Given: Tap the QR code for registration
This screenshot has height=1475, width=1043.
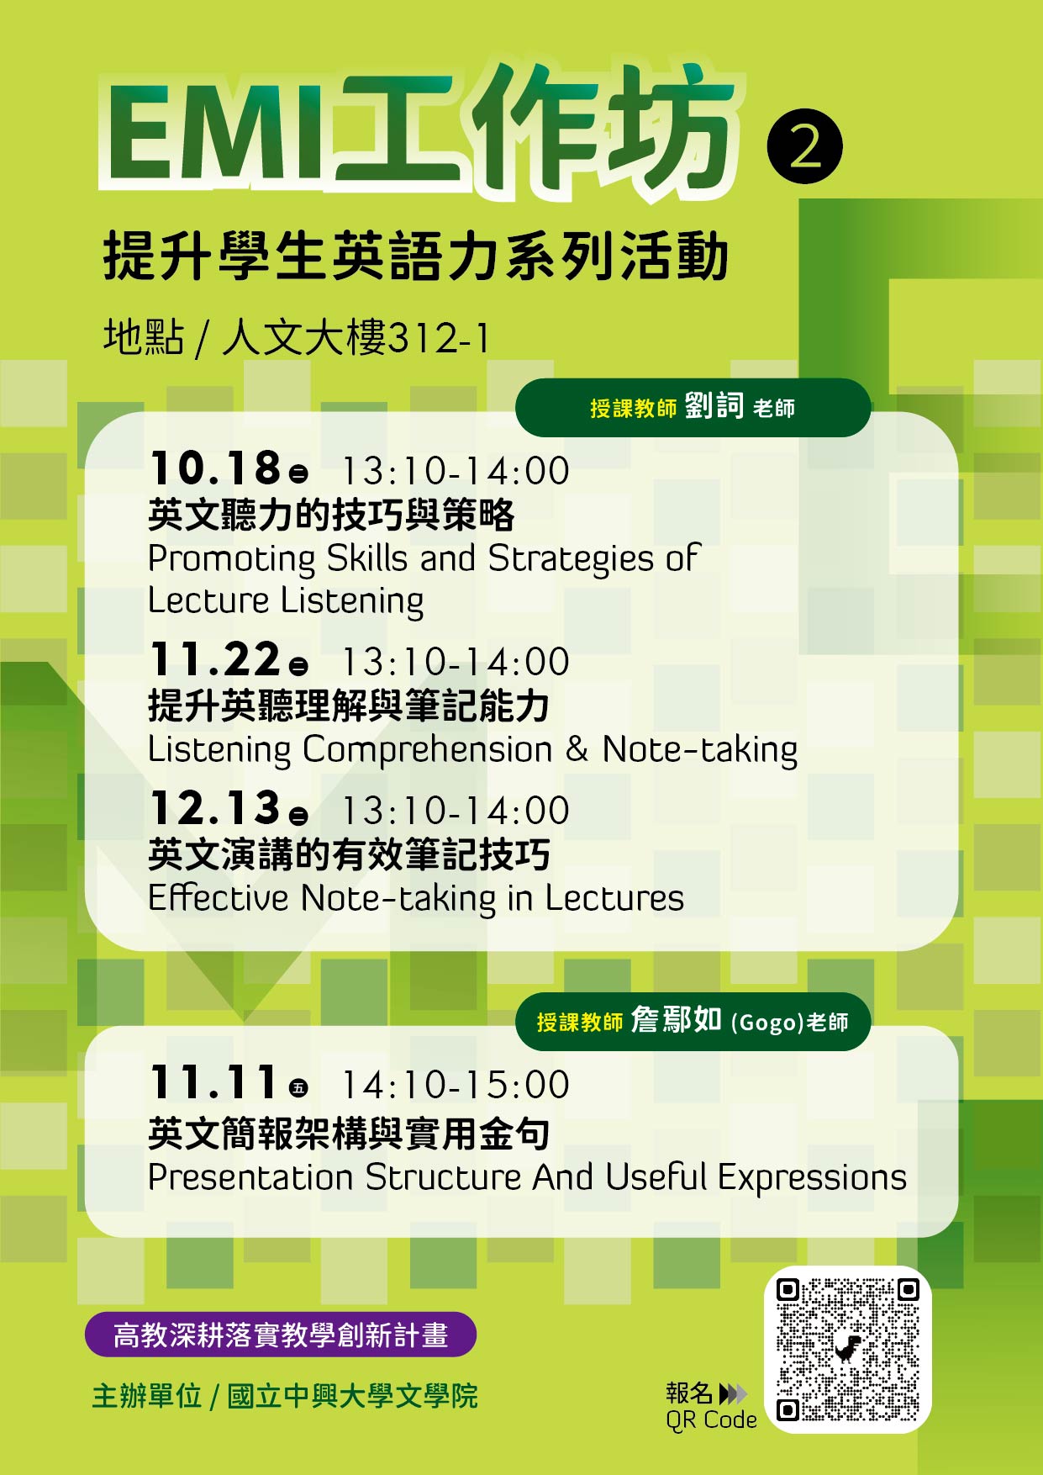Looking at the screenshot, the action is pos(847,1349).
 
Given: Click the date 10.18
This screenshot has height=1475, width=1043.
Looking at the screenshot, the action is pos(215,468).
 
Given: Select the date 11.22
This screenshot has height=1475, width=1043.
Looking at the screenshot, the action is pos(215,659).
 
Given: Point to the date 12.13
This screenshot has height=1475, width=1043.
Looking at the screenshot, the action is pos(215,808).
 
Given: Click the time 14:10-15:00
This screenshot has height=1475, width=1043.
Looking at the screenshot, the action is pos(456,1085).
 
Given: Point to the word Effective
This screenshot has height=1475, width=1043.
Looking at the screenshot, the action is pos(219,897).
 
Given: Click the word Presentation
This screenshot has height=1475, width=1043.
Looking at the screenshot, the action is pos(250,1177).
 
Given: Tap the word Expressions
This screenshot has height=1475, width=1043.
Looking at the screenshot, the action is pos(813,1178).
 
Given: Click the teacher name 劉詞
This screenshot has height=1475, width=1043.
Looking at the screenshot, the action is pos(714,406).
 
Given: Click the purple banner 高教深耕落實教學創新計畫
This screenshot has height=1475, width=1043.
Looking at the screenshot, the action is pos(281,1335).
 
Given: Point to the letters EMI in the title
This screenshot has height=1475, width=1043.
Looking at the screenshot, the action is pos(214,135).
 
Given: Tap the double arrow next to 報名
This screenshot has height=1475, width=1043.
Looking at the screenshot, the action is pos(733,1393).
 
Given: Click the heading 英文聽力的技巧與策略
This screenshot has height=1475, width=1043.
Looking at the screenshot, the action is pos(331,515).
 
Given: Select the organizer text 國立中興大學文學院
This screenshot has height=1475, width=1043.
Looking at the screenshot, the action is pos(353,1396).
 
